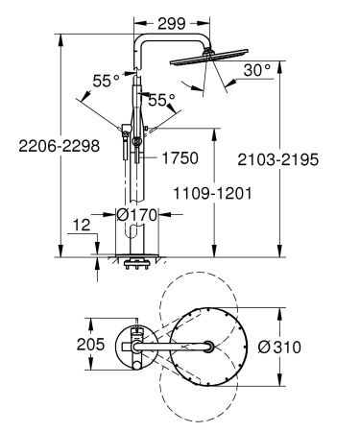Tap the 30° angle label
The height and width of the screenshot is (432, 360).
coord(257,71)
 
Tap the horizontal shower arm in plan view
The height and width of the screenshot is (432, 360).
coord(182,345)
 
